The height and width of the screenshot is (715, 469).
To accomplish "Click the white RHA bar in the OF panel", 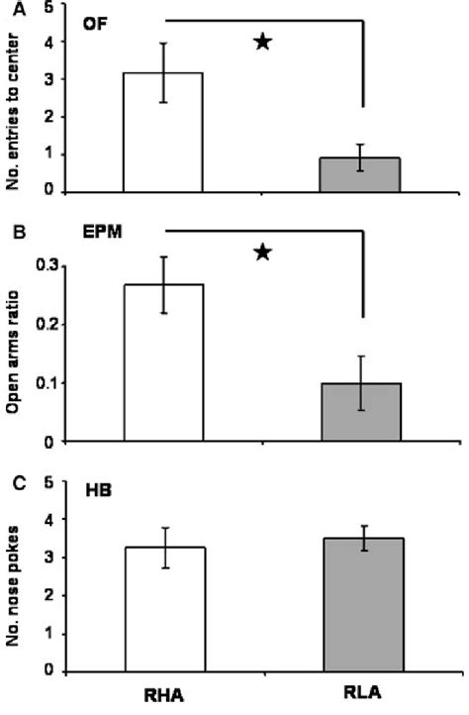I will tap(162, 133).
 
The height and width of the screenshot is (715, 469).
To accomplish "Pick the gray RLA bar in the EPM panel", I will tap(361, 412).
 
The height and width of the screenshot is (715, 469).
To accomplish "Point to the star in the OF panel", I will tap(263, 42).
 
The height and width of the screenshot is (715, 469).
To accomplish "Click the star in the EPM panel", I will tap(263, 253).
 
